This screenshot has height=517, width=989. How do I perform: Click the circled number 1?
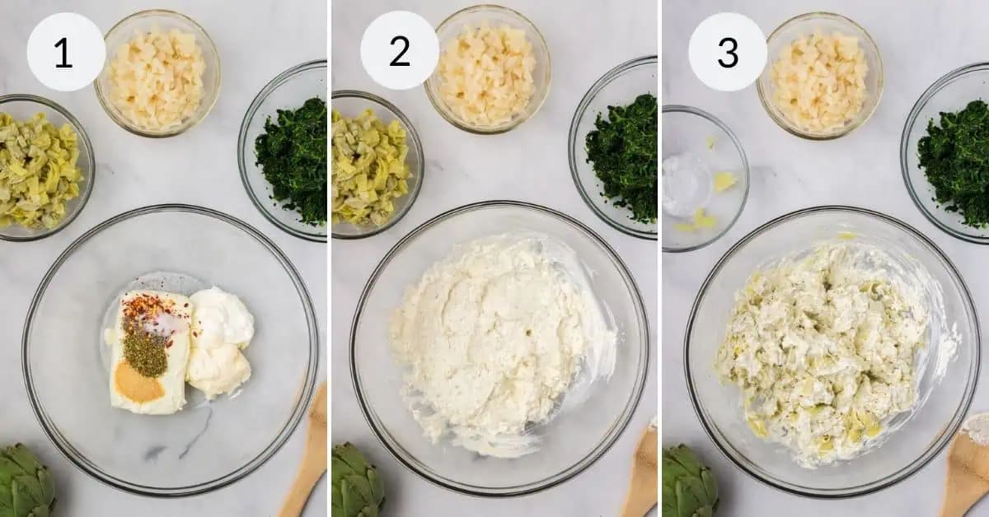pyautogui.click(x=65, y=52)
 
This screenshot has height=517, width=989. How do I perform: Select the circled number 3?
pyautogui.click(x=727, y=52)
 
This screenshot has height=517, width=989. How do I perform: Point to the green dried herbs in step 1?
pyautogui.click(x=144, y=352)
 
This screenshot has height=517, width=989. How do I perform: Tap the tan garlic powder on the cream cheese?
pyautogui.click(x=138, y=383)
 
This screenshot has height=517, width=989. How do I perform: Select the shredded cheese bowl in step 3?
pyautogui.click(x=819, y=80)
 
